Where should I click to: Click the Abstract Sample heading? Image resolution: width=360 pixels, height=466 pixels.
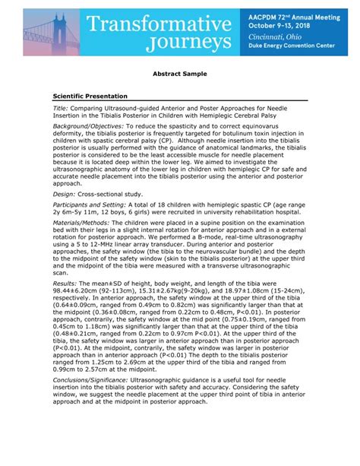pyautogui.click(x=180, y=77)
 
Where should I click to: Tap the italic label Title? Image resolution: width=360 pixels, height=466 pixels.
pyautogui.click(x=61, y=109)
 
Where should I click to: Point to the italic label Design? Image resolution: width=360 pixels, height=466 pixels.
pyautogui.click(x=65, y=194)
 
